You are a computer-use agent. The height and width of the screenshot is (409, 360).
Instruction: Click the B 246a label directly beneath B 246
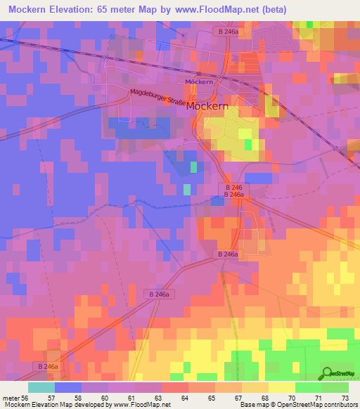point(235,194)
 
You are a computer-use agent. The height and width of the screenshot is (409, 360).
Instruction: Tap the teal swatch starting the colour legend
point(41,387)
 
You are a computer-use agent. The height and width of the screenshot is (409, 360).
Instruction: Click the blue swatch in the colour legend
point(68,387)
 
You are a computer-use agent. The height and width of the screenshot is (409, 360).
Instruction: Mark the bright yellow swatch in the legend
point(281,387)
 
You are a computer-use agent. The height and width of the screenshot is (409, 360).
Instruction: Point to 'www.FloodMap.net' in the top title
point(250,10)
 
